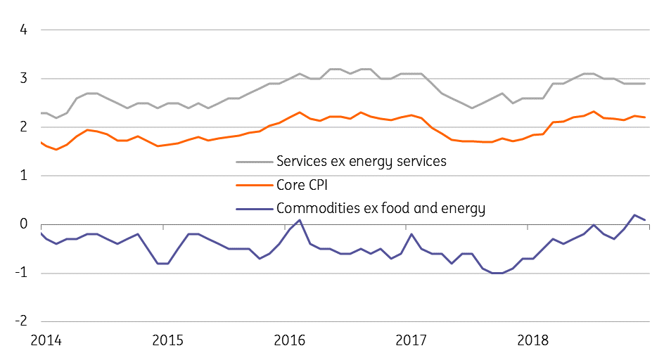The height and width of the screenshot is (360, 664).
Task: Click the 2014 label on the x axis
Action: (46, 341)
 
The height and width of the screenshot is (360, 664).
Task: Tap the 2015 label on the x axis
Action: (167, 341)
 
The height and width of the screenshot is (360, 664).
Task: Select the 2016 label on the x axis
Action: (289, 341)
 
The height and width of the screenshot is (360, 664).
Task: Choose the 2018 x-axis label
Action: (532, 341)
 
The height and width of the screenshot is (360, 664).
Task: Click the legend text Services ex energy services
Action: (362, 162)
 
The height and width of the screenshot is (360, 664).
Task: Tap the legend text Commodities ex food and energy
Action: (381, 208)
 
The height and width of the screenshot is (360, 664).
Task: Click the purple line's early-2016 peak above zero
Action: (300, 220)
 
